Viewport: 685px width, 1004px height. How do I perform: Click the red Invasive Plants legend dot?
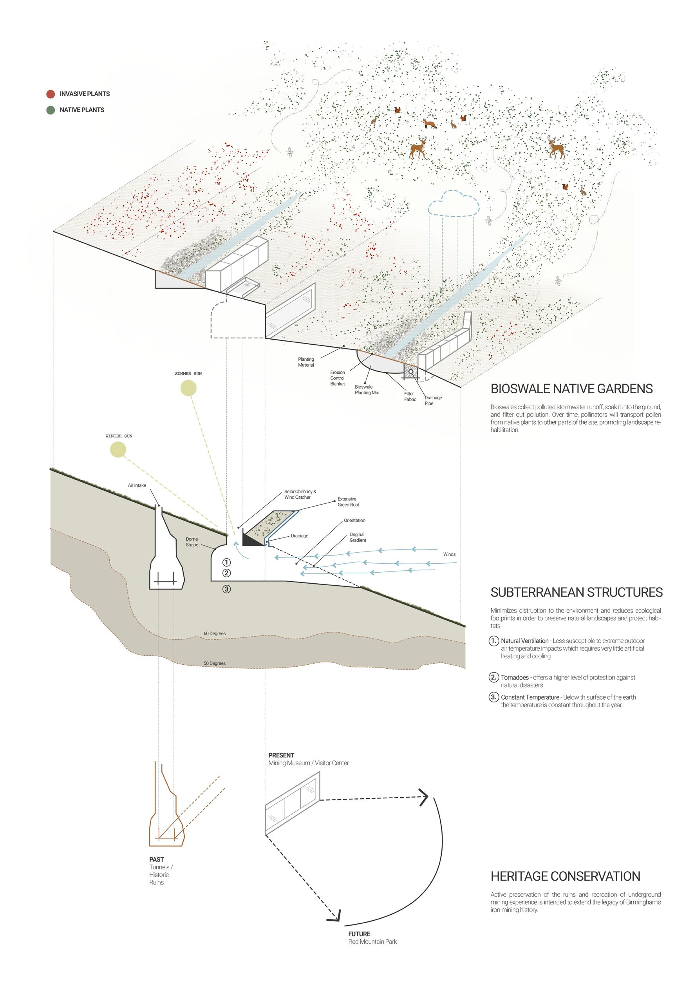[51, 94]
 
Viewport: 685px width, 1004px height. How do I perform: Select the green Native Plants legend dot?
[51, 110]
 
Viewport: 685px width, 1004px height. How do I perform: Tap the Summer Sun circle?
[188, 388]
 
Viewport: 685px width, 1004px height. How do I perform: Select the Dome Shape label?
[192, 542]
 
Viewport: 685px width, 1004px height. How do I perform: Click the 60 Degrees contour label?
[215, 633]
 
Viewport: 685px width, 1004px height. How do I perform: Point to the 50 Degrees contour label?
[215, 663]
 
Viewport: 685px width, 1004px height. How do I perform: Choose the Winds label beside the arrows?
[449, 554]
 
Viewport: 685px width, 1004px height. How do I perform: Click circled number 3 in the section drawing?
[227, 588]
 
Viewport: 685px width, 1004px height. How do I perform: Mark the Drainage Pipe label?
[433, 400]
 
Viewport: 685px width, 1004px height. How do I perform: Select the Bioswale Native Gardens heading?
[571, 389]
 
